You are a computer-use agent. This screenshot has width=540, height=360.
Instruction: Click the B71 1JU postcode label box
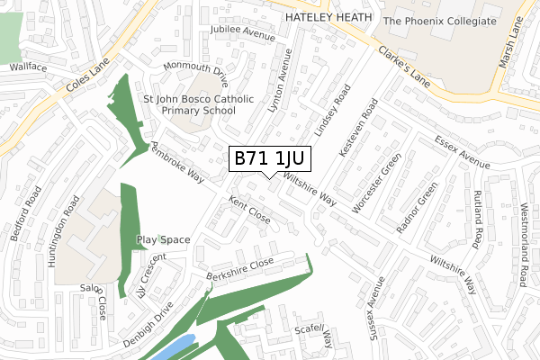point(269,158)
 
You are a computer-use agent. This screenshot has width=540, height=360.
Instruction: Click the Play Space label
point(163,240)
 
